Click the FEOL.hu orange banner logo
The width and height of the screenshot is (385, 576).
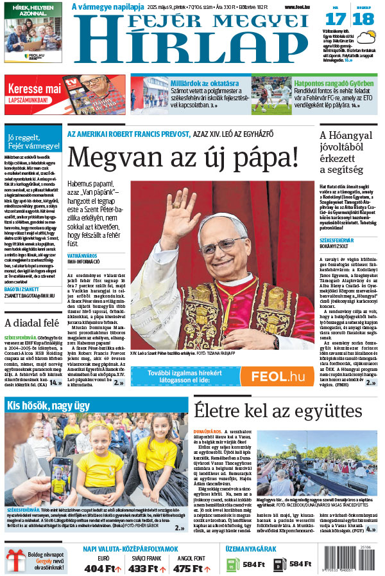coord(277,376)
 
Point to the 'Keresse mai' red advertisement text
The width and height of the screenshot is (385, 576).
coord(35,88)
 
